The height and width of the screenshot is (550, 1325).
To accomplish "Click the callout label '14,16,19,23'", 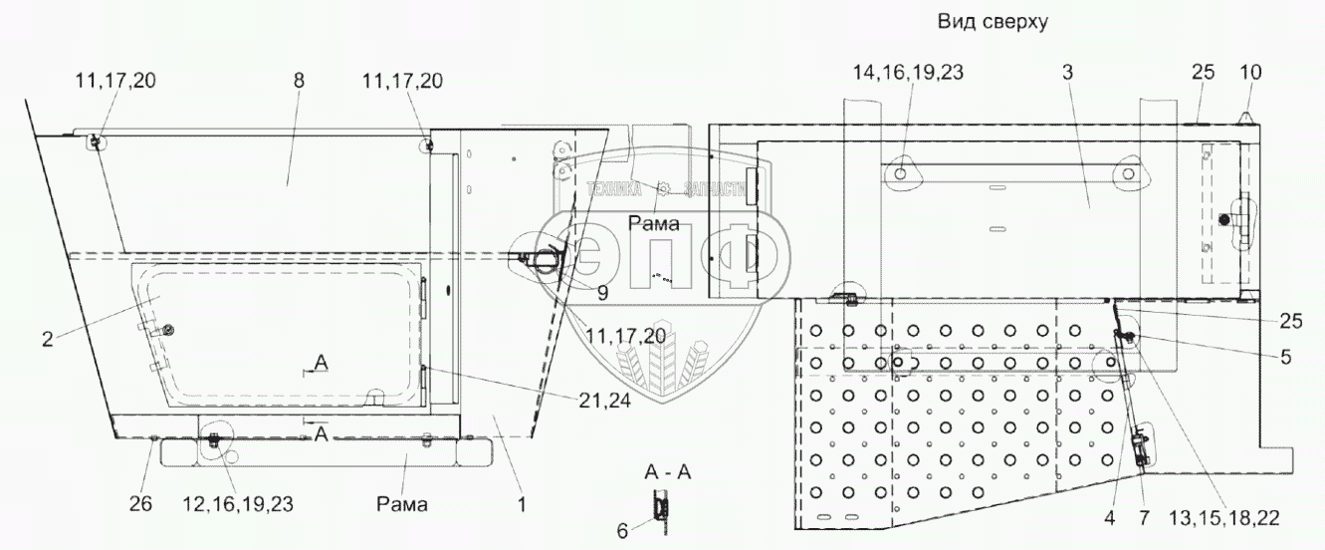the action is coord(908,73).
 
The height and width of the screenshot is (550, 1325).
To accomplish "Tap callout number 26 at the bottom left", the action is coord(141,505).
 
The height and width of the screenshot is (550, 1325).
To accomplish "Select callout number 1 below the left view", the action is coord(521,505).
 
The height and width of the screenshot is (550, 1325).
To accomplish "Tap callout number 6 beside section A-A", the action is coord(622,531).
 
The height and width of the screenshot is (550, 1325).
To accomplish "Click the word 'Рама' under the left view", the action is coord(403,505).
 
